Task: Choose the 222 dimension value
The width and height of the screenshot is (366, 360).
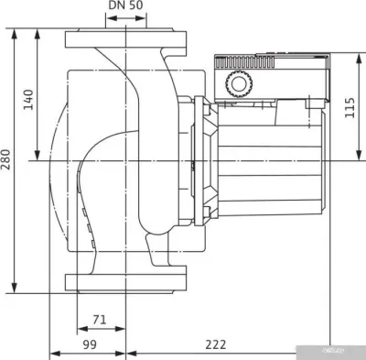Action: [x=215, y=345]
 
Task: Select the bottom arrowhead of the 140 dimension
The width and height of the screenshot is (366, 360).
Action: [x=38, y=157]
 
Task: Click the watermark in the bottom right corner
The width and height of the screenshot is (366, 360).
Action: [x=340, y=351]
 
